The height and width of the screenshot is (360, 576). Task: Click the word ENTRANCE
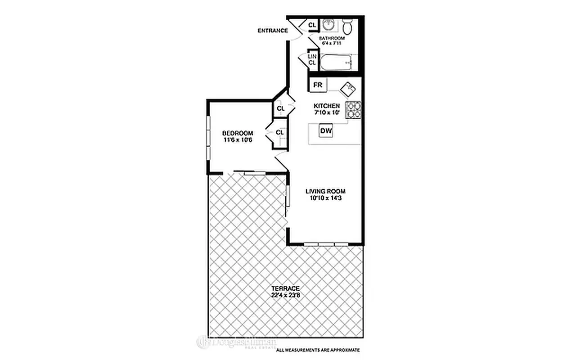tap(273, 31)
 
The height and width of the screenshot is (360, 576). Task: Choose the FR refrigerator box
tap(318, 85)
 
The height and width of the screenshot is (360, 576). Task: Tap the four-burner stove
tap(353, 110)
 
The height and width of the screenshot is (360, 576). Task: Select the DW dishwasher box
tap(326, 131)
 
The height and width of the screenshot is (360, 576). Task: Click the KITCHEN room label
tap(327, 106)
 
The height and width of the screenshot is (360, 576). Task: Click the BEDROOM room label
tap(238, 133)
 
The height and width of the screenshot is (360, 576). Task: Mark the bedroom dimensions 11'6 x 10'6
tap(238, 139)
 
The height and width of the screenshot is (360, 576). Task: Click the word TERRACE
tap(285, 288)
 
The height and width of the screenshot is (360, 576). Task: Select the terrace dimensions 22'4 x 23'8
tap(285, 295)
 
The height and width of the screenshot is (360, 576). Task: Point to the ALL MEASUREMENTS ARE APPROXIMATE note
tap(318, 350)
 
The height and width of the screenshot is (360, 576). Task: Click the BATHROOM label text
tap(332, 39)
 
